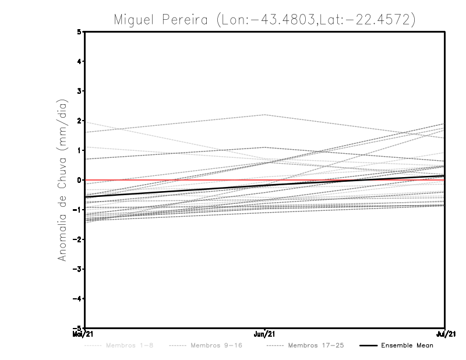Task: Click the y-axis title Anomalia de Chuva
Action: point(62,180)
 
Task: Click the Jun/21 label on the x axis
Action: point(265,334)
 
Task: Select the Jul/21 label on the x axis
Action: point(445,334)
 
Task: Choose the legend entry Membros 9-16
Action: point(216,346)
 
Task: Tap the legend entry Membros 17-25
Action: point(316,346)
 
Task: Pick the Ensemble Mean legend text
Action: point(407,346)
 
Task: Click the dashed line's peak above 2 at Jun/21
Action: point(265,115)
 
